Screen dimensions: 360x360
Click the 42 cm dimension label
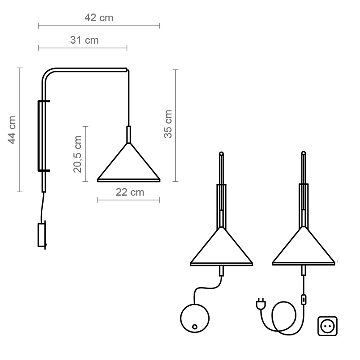point(99,18)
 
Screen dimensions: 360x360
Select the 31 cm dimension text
point(84,40)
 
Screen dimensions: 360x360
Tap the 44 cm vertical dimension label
point(12,130)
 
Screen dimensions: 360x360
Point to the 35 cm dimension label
point(168,124)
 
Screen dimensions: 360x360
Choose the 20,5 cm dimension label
point(78,154)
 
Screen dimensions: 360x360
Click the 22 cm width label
point(130,192)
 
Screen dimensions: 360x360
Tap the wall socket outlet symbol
point(327,326)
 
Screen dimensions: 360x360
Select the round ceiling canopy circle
point(195,318)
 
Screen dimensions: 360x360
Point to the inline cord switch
point(304,299)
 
